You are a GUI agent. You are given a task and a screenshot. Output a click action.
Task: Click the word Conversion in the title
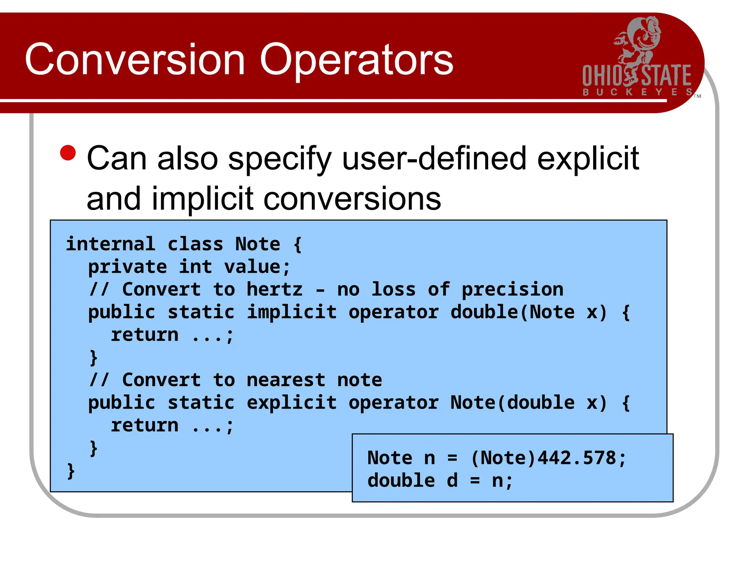pyautogui.click(x=135, y=60)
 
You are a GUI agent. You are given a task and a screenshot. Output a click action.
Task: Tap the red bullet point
pyautogui.click(x=68, y=153)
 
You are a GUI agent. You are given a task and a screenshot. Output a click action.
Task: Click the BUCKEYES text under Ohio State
pyautogui.click(x=637, y=92)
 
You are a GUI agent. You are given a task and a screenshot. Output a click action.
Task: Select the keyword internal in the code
pyautogui.click(x=111, y=244)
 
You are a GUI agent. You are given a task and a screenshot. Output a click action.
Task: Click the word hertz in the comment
pyautogui.click(x=274, y=290)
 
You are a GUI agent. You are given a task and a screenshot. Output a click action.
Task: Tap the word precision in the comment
pyautogui.click(x=512, y=290)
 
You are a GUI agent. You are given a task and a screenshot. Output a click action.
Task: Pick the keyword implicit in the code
pyautogui.click(x=292, y=312)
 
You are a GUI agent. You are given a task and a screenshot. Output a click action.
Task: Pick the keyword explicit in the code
pyautogui.click(x=292, y=403)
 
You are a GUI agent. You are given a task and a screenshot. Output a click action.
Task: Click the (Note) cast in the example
pyautogui.click(x=503, y=458)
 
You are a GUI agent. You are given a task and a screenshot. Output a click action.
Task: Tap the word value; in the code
pyautogui.click(x=257, y=267)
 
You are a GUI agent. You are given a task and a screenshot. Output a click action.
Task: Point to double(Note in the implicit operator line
pyautogui.click(x=512, y=312)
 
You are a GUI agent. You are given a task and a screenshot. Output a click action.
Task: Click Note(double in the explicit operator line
pyautogui.click(x=512, y=403)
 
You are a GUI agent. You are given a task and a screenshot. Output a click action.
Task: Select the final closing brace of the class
pyautogui.click(x=71, y=471)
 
